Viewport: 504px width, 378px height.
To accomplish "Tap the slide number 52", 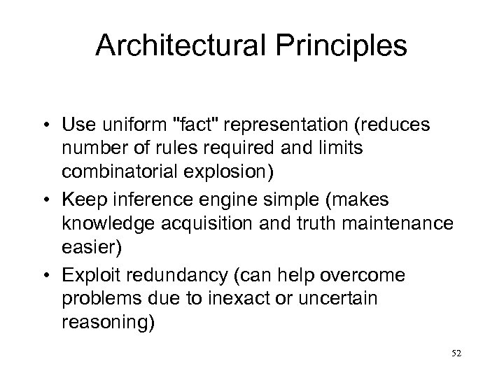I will pyautogui.click(x=457, y=355).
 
